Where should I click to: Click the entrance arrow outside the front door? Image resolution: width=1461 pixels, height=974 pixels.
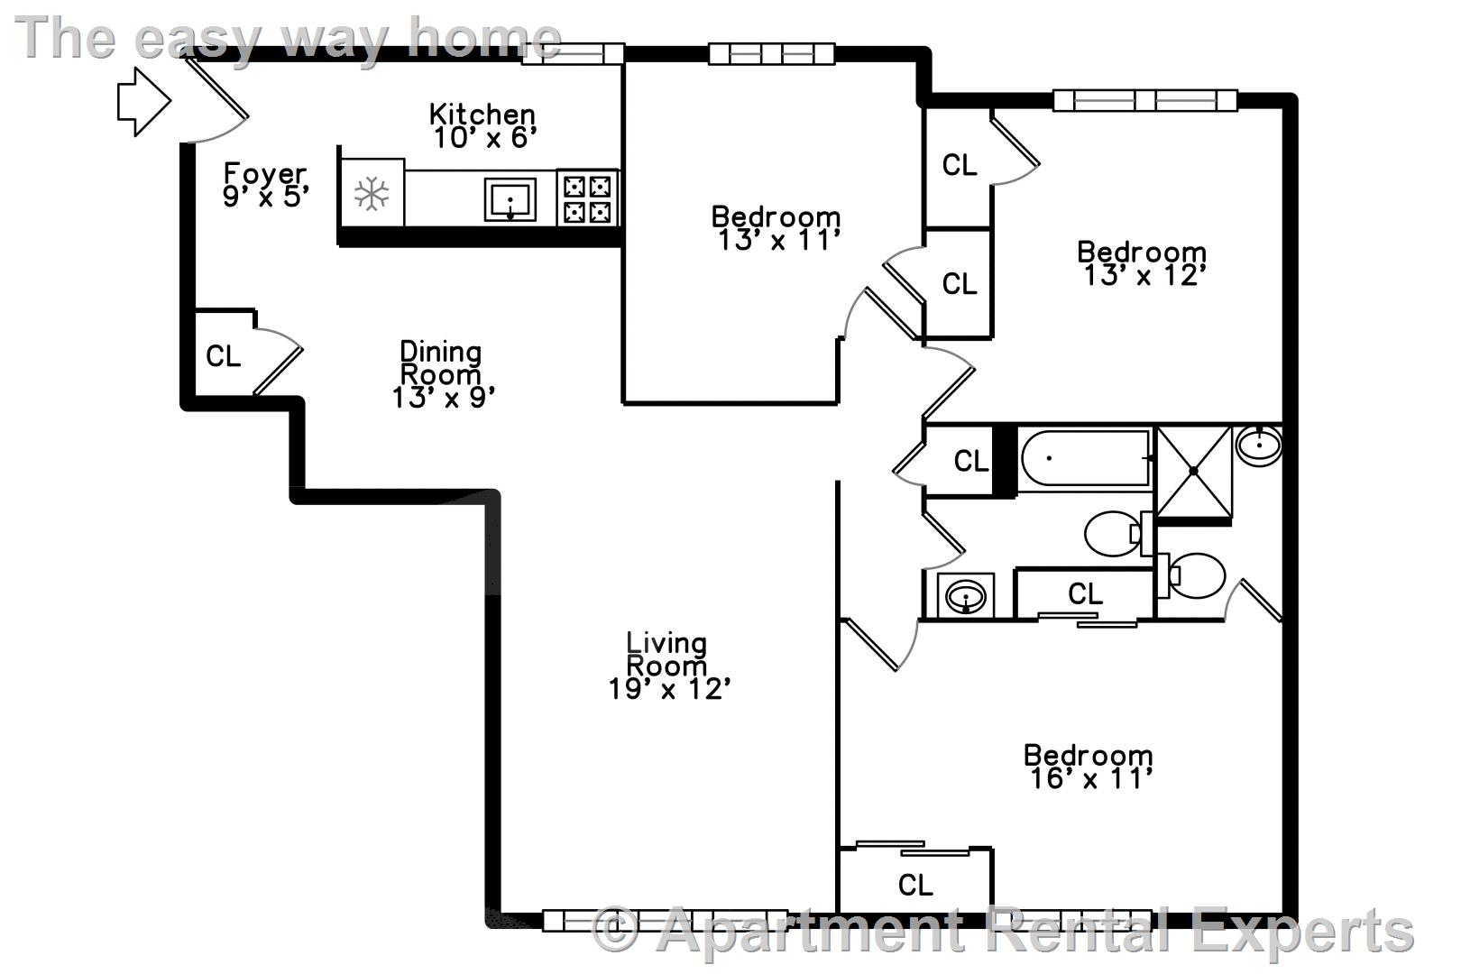pyautogui.click(x=144, y=102)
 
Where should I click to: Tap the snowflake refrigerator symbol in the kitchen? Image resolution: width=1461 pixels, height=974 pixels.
pyautogui.click(x=372, y=194)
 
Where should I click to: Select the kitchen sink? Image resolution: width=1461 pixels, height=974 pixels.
pyautogui.click(x=510, y=199)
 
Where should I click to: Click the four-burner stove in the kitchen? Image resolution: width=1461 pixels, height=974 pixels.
pyautogui.click(x=587, y=198)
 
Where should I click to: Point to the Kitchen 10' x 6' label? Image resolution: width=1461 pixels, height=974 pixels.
pyautogui.click(x=482, y=126)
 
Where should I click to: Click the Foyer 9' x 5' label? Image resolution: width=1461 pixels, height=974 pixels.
pyautogui.click(x=265, y=185)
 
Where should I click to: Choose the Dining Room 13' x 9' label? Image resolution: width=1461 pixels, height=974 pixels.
pyautogui.click(x=442, y=374)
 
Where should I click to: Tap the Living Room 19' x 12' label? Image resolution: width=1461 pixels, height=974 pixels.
pyautogui.click(x=668, y=666)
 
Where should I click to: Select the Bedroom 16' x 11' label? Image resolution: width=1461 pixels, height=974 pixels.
pyautogui.click(x=1088, y=767)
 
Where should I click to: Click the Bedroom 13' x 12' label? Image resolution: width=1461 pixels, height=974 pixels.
pyautogui.click(x=1142, y=263)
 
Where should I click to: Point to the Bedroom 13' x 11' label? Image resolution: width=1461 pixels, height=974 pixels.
pyautogui.click(x=776, y=228)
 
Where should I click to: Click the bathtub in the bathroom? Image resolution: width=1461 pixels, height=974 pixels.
pyautogui.click(x=1085, y=458)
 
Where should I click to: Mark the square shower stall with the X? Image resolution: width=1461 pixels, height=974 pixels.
pyautogui.click(x=1193, y=471)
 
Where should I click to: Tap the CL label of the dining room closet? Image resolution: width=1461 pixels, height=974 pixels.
pyautogui.click(x=223, y=356)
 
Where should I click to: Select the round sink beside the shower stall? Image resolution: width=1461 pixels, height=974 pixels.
pyautogui.click(x=1258, y=446)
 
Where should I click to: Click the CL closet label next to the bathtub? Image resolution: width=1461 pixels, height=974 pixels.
pyautogui.click(x=971, y=462)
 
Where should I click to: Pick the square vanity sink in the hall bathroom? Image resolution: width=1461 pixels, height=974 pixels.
pyautogui.click(x=966, y=595)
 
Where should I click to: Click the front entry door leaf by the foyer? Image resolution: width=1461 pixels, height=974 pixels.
pyautogui.click(x=216, y=87)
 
